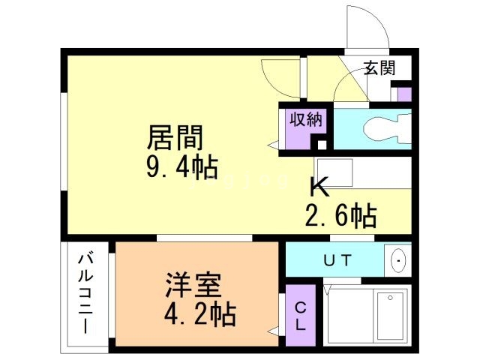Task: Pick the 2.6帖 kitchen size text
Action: (340, 216)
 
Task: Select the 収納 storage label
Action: (297, 118)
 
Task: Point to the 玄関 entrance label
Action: (379, 69)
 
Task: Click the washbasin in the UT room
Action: (397, 261)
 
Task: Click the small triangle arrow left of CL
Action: (274, 328)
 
